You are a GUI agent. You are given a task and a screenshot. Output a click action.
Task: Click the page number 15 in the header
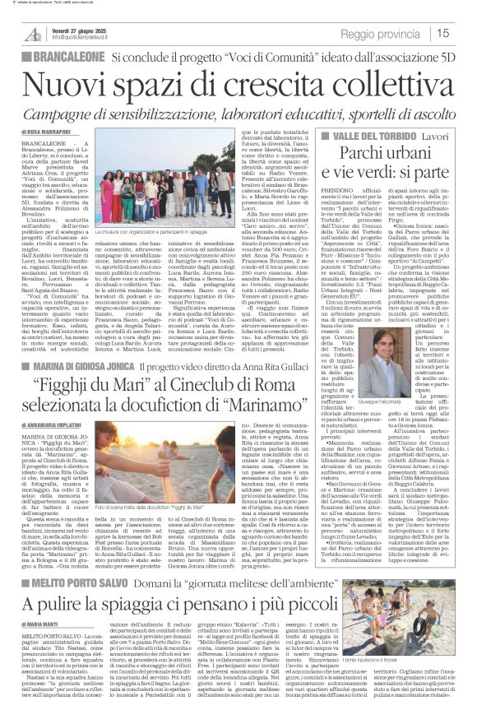[465, 33]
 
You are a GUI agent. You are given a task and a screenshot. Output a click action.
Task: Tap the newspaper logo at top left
[33, 33]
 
